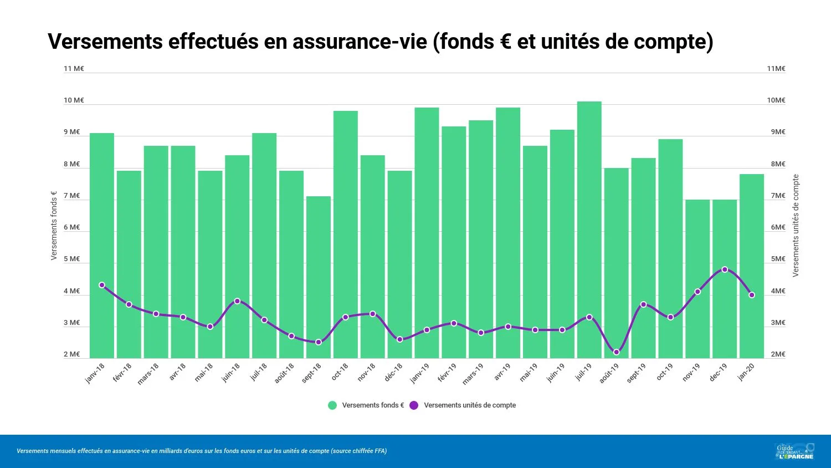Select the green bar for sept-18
pos(319,277)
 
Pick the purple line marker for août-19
pos(616,352)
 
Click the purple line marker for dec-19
pos(725,269)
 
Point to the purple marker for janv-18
pos(102,285)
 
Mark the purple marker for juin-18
pos(237,301)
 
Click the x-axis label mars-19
pos(473,374)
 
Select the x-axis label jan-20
pos(746,372)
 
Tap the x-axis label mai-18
pos(204,373)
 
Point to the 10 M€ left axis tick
pos(74,100)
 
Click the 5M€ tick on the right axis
pos(778,259)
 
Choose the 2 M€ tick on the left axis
pos(72,354)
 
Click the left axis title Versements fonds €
pos(54,226)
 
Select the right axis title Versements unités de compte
pos(796,226)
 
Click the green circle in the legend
pos(332,405)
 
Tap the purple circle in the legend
pos(414,405)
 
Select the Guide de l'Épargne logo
pos(794,451)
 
